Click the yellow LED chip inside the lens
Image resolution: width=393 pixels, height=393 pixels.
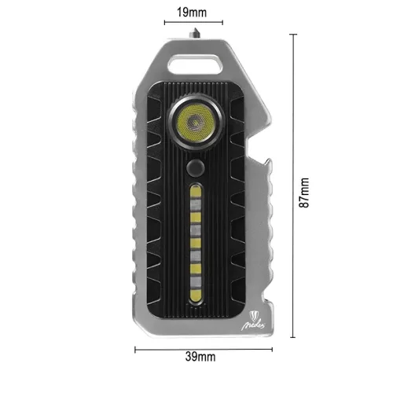(x=193, y=123)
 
